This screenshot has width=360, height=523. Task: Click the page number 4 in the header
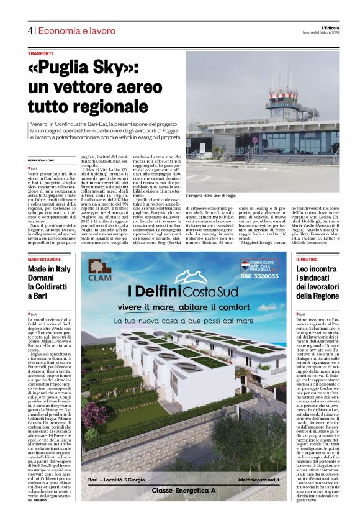[x=29, y=30]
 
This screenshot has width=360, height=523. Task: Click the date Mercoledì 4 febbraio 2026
[x=328, y=34]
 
